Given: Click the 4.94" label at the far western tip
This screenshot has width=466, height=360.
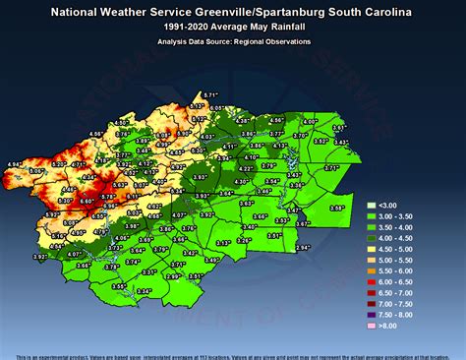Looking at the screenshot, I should [14, 163].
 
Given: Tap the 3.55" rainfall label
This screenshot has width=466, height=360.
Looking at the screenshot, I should [118, 286].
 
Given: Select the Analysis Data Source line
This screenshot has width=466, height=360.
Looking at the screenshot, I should [233, 41].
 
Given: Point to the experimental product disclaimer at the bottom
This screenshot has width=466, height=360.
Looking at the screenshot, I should [233, 354].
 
